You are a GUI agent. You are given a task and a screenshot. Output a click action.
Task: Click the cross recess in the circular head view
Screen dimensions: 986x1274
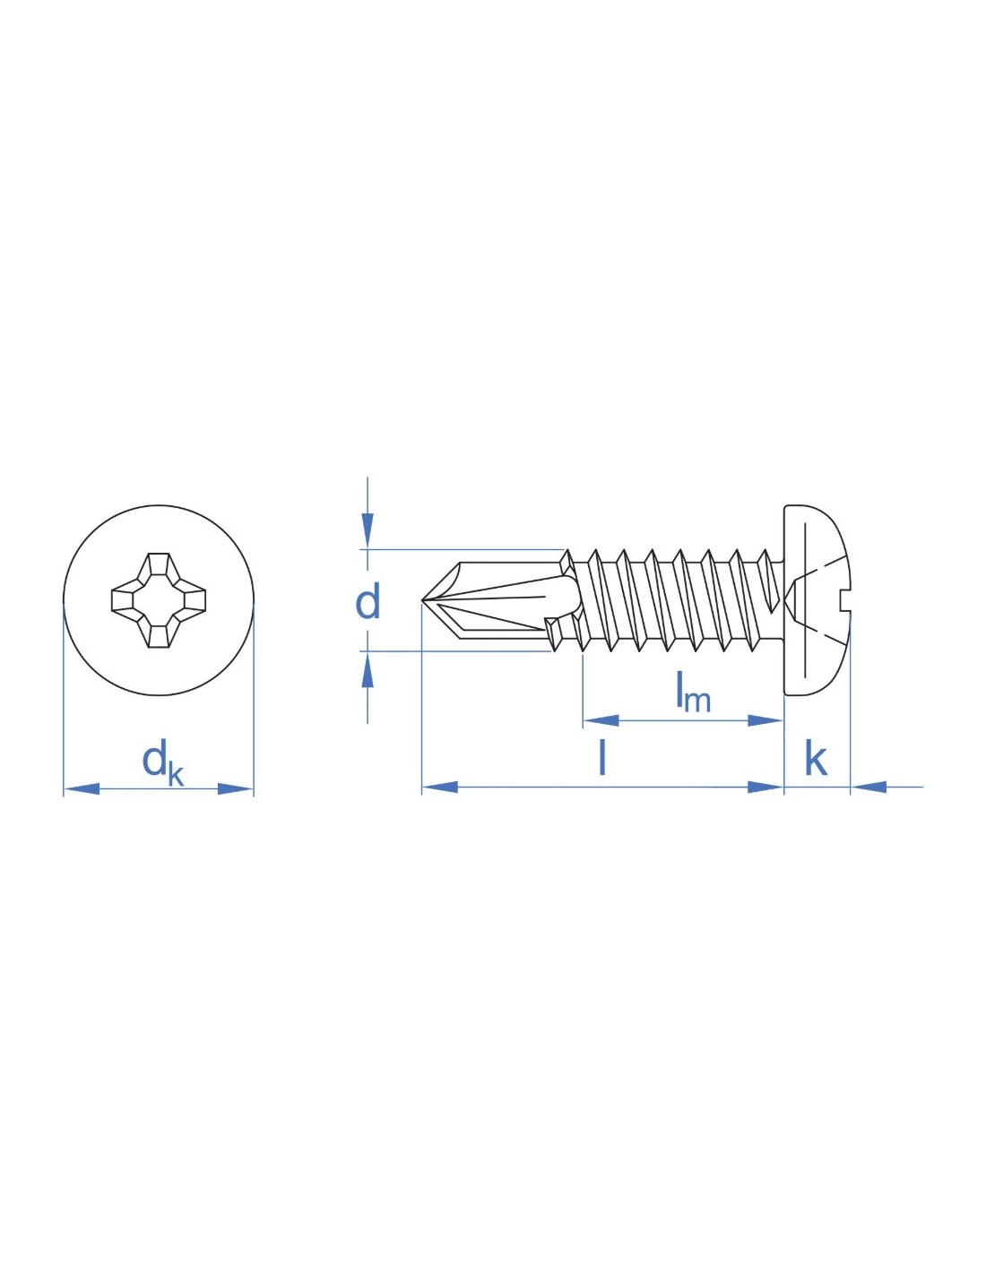159,599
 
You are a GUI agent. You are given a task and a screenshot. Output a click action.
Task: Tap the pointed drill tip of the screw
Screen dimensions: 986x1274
423,599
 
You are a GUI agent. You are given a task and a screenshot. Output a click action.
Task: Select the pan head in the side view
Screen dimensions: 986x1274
817,600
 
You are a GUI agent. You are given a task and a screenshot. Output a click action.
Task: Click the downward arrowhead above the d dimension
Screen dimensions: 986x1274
368,530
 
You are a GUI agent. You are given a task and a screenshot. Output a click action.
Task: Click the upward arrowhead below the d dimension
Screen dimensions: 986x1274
368,669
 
